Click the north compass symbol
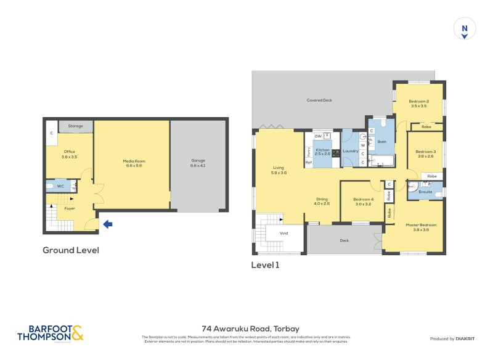pos(465,29)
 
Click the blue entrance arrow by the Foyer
pos(107,224)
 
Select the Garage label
pos(198,163)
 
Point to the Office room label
pos(68,154)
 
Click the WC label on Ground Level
pos(60,186)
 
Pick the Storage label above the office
pos(76,126)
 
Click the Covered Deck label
pos(319,100)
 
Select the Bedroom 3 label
pos(425,154)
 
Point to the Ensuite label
pos(425,192)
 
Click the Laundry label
pos(351,151)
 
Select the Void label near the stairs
pos(283,234)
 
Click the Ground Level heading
pos(70,250)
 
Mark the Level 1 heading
pos(265,265)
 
